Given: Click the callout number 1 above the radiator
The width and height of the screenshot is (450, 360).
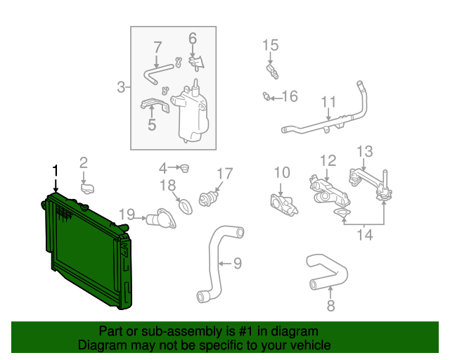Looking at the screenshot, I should [54, 170].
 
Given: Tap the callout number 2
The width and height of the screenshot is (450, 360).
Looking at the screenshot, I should [83, 164].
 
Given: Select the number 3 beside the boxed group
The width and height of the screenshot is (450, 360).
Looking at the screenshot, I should [121, 88].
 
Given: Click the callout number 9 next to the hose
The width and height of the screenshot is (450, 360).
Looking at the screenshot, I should [237, 264].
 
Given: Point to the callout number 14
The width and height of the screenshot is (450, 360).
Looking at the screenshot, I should [364, 234].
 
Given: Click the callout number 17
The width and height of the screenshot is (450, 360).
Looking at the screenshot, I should [224, 173].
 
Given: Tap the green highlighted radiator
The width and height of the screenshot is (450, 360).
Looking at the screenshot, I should [84, 253].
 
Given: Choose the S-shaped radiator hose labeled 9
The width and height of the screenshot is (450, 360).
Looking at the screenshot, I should [218, 264].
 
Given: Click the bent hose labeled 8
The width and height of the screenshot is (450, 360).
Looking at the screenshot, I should [327, 274].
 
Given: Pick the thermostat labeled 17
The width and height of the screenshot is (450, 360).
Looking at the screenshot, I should [208, 197].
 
